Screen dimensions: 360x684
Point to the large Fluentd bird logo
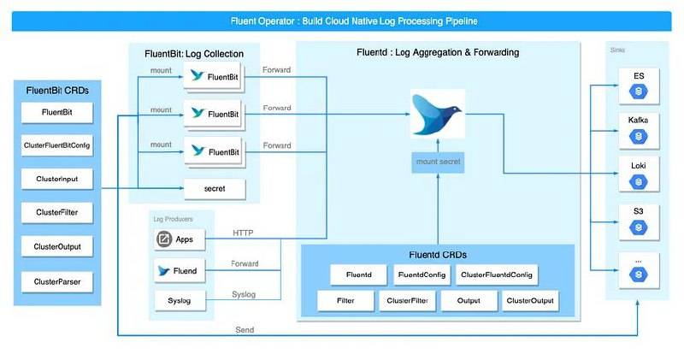pos(436,115)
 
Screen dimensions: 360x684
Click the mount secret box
pos(438,160)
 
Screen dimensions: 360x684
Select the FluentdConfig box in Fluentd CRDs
pos(419,274)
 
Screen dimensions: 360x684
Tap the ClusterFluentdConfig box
pos(496,274)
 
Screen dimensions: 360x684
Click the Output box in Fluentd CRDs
pos(469,301)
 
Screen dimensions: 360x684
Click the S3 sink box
pos(638,218)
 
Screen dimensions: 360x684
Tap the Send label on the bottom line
pos(245,329)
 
